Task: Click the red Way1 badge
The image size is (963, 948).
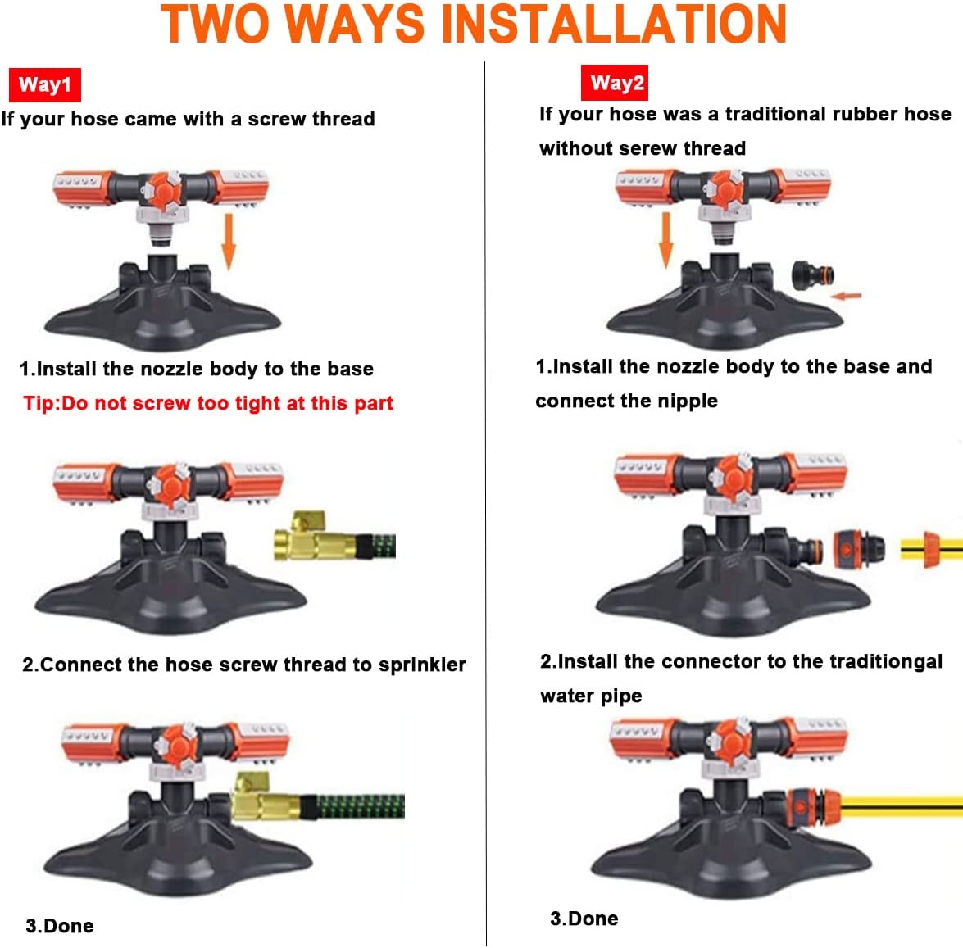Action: [x=44, y=84]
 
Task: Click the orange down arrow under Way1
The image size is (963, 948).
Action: [x=229, y=242]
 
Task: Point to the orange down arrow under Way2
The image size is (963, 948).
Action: [x=666, y=239]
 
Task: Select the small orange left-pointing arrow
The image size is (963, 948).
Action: [x=847, y=295]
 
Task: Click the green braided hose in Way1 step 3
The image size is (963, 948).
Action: [x=361, y=806]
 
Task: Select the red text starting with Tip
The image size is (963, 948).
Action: [x=208, y=403]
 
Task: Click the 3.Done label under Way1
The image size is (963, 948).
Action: [x=60, y=926]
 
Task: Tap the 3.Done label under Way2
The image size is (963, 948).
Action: [x=584, y=919]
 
